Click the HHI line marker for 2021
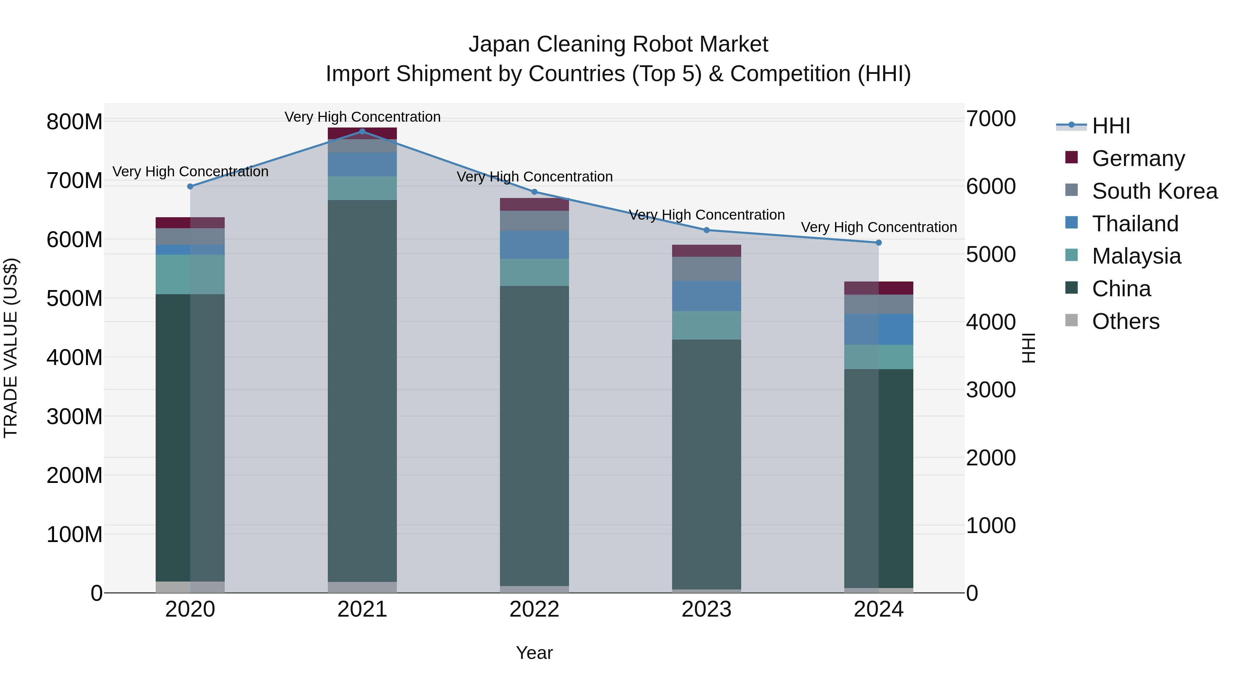(362, 132)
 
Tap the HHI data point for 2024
(879, 243)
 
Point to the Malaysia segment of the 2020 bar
(190, 274)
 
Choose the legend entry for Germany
(1138, 158)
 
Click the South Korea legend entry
(1155, 191)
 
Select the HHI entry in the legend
(1111, 126)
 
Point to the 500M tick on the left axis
(75, 298)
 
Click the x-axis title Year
(534, 653)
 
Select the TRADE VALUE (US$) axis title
(11, 348)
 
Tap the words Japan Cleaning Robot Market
(618, 44)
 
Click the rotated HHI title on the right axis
(1028, 348)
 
